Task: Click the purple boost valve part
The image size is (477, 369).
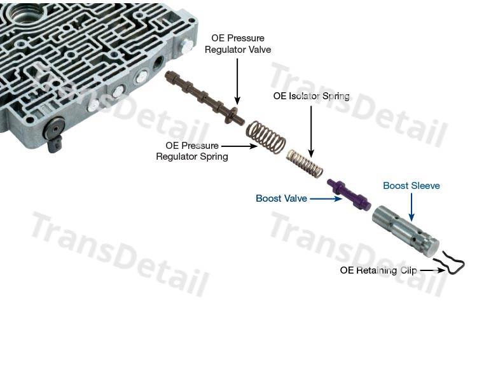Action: tap(349, 194)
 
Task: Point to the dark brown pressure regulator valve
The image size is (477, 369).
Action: tap(204, 97)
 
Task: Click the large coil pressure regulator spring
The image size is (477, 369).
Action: tap(266, 137)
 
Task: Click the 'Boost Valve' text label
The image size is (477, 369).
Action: tap(281, 198)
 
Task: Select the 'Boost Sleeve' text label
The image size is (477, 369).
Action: tap(411, 186)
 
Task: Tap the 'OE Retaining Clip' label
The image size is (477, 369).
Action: tap(378, 270)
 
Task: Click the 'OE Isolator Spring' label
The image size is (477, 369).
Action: tap(311, 96)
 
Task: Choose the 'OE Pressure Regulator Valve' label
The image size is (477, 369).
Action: tap(238, 43)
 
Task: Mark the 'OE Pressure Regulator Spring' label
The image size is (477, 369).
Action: tap(192, 151)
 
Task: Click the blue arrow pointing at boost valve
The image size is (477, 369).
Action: tap(326, 198)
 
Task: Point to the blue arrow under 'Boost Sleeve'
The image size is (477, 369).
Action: tap(411, 207)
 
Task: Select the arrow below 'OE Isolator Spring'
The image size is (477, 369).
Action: tap(311, 132)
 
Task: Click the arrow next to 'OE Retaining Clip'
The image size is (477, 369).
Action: tap(432, 270)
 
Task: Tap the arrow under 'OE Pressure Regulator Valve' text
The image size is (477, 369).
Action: tap(237, 81)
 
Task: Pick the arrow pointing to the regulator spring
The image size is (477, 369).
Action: tap(239, 146)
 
